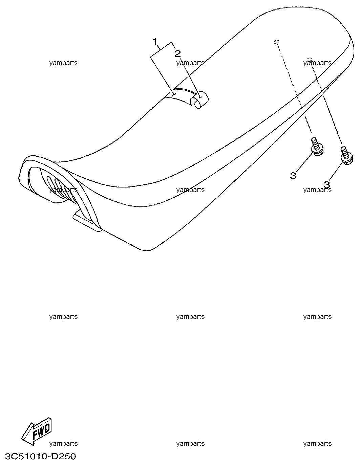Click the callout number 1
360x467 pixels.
(155, 41)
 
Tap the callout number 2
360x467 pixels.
(177, 54)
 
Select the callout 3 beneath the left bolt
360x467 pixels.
(293, 176)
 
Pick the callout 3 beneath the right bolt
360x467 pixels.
(327, 184)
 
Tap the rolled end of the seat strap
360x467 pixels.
(200, 100)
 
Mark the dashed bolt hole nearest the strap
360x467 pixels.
(277, 42)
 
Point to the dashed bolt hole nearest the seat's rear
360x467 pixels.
(310, 59)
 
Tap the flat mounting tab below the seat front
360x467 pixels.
(86, 221)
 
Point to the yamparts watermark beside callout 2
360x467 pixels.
(190, 63)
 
